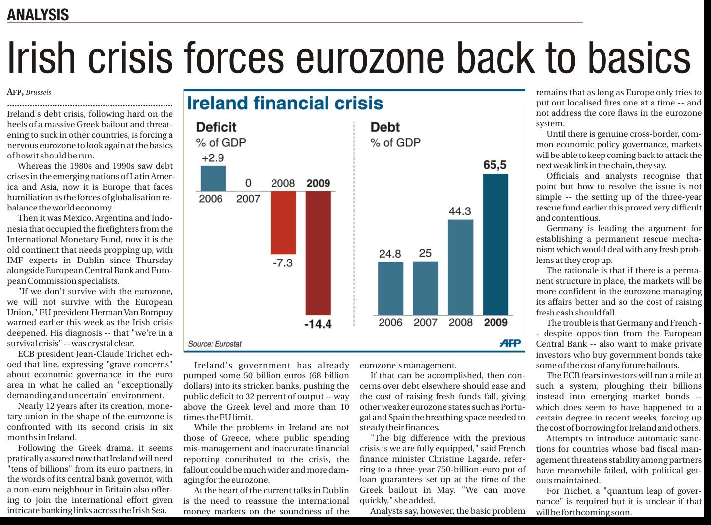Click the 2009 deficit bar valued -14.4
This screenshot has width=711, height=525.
coord(318,253)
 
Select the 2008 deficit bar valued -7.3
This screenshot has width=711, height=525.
coord(283,222)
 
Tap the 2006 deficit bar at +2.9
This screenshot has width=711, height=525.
coord(213,178)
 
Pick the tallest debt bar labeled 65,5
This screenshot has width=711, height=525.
coord(495,244)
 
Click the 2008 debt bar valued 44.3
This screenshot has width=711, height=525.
coord(460,267)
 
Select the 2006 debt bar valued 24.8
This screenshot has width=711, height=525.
coord(390,288)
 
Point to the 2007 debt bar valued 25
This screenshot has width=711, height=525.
coord(425,288)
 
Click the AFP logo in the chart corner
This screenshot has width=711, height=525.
coord(510,343)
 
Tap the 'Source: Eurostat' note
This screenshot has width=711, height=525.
coord(215,344)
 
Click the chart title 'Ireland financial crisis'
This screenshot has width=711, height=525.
coord(285,103)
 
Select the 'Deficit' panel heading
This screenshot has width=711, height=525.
coord(216,127)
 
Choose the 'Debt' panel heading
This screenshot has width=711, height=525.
coord(385,127)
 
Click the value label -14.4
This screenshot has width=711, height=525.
coord(318,325)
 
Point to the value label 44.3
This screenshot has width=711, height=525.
coord(460,211)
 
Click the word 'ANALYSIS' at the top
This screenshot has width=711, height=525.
coord(38,15)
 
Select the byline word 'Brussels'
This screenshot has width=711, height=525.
coord(39,92)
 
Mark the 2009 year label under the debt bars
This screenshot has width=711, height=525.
coord(495,323)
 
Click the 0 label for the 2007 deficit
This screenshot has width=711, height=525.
coord(248,182)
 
